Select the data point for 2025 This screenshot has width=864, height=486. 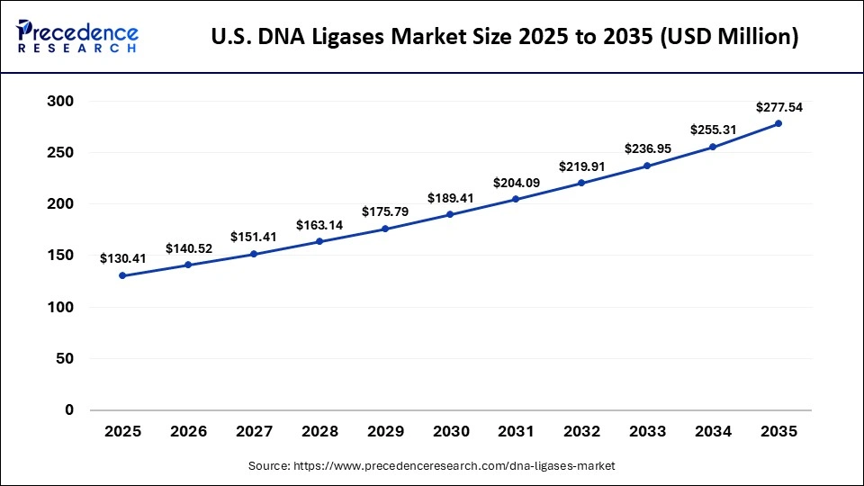click(x=122, y=275)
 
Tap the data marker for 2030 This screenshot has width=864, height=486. click(x=450, y=215)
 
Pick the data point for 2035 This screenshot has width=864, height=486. click(x=778, y=123)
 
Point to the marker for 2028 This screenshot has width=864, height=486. click(x=319, y=241)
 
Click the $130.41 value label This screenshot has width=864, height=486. click(x=122, y=258)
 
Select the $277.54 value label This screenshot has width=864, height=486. click(x=778, y=107)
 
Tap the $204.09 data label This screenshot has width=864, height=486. click(x=516, y=183)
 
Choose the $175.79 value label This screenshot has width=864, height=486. click(x=384, y=211)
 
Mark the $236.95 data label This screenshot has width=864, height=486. click(x=647, y=148)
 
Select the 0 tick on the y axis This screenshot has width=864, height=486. click(x=69, y=410)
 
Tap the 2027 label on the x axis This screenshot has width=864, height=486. click(x=254, y=432)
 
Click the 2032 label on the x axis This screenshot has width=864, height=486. click(x=581, y=432)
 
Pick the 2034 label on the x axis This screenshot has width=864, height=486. click(x=713, y=432)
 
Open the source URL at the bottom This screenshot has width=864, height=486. click(x=431, y=466)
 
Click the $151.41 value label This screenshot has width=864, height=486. click(x=254, y=237)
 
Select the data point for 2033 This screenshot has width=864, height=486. click(x=647, y=166)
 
